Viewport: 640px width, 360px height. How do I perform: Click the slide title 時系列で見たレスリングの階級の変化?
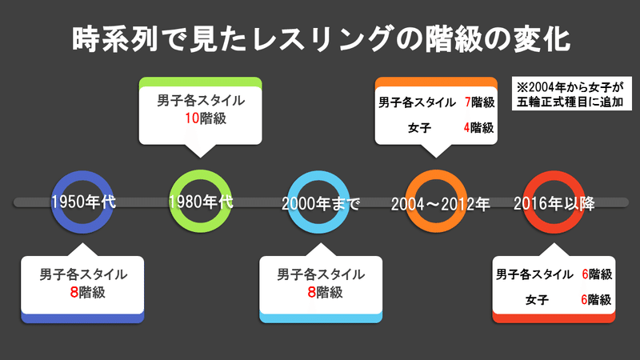point(321,39)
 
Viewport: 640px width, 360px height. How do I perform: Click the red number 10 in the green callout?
point(192,118)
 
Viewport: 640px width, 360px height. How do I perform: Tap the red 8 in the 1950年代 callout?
point(74,292)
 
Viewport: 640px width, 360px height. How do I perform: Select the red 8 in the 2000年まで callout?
point(311,292)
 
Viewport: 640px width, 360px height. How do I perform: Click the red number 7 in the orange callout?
point(468,102)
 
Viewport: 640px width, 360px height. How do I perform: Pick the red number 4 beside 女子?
point(466,128)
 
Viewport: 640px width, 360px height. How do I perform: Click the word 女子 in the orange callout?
point(419,128)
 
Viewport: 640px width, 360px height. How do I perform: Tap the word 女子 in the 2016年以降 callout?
point(537,300)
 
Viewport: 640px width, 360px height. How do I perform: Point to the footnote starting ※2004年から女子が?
point(570,94)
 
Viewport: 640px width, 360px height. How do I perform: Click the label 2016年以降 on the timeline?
point(554,203)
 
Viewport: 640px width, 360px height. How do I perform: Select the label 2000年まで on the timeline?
point(321,203)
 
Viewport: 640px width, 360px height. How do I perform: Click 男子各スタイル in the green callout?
point(201,101)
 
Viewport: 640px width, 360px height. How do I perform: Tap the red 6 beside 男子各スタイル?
point(585,274)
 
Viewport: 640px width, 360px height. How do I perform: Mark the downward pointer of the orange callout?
point(436,151)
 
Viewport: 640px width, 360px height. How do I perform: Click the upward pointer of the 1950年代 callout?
point(82,250)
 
